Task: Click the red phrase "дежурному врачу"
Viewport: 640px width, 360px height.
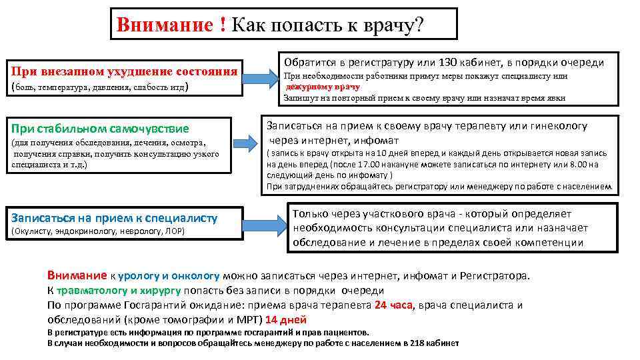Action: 323,87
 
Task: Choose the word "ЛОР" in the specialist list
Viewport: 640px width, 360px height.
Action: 175,231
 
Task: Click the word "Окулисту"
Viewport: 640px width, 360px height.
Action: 33,231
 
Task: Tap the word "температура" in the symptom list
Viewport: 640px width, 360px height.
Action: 64,87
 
